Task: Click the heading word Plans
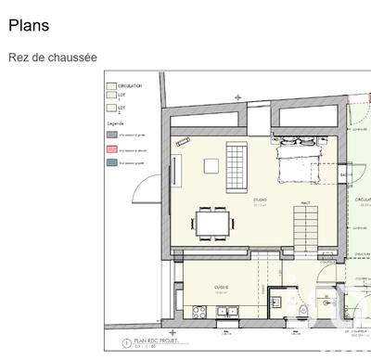pyautogui.click(x=29, y=26)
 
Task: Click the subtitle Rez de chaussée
pyautogui.click(x=53, y=58)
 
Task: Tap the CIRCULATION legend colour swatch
pyautogui.click(x=111, y=84)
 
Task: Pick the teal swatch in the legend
pyautogui.click(x=111, y=162)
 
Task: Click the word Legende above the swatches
pyautogui.click(x=116, y=122)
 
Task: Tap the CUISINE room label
pyautogui.click(x=222, y=288)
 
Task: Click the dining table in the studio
pyautogui.click(x=213, y=223)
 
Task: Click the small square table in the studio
pyautogui.click(x=211, y=165)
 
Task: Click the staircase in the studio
pyautogui.click(x=307, y=227)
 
